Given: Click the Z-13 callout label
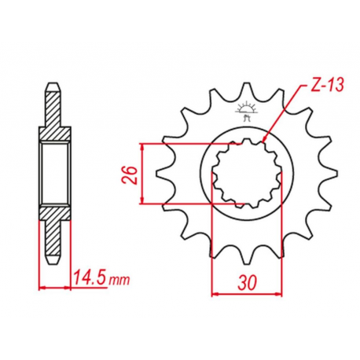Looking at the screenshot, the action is pos(327,85).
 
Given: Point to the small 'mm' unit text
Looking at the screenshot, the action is pos(119,280).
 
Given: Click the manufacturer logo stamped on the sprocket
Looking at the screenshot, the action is pos(247,112).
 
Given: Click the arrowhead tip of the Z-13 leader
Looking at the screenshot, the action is pos(263,142).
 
